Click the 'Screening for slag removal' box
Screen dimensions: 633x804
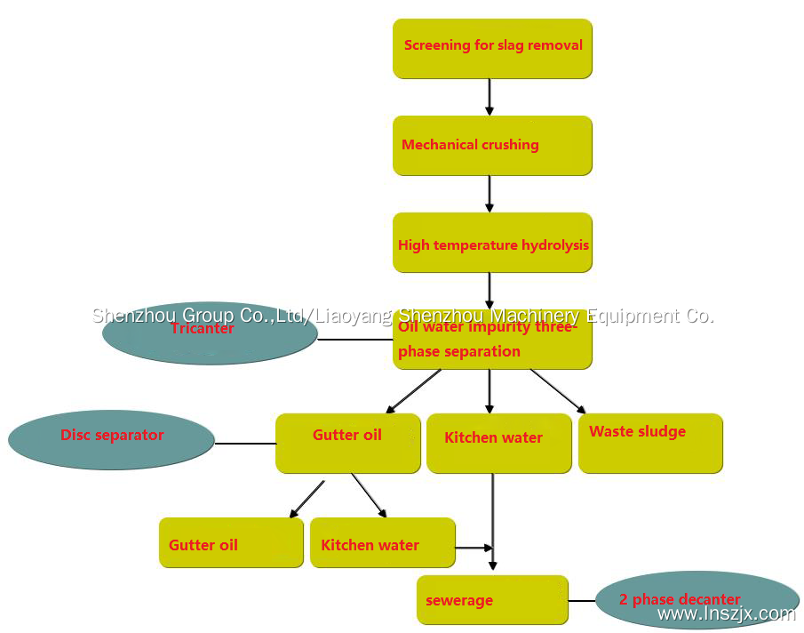tap(492, 48)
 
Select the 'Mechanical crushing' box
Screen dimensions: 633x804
tap(492, 145)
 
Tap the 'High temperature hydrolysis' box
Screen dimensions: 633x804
tap(492, 243)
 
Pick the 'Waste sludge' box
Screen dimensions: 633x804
tap(650, 443)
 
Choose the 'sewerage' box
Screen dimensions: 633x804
tap(492, 600)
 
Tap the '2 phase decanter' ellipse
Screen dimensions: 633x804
tap(697, 599)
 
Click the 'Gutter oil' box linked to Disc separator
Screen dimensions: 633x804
tap(347, 443)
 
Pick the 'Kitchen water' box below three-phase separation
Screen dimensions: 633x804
tap(498, 443)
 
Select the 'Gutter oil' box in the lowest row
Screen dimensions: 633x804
tap(231, 542)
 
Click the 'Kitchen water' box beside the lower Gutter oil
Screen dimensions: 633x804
tap(382, 542)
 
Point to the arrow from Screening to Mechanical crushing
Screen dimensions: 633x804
tap(490, 97)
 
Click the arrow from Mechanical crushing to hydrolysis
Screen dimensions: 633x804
tap(490, 194)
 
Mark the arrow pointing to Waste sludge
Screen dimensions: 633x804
tap(558, 391)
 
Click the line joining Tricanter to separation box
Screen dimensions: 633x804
tap(355, 339)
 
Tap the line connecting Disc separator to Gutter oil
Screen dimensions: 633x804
tap(245, 443)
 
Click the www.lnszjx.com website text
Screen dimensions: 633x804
tap(726, 613)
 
